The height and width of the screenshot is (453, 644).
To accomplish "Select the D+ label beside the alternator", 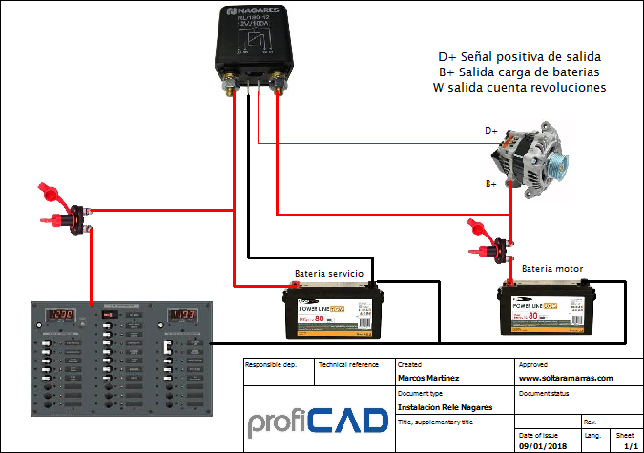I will (x=491, y=130).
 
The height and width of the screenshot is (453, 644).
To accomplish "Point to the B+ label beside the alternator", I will (x=491, y=182).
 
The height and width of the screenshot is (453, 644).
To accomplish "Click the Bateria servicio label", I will (x=329, y=273).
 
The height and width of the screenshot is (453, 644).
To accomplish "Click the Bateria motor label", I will (x=552, y=268).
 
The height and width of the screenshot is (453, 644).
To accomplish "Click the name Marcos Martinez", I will (x=427, y=378).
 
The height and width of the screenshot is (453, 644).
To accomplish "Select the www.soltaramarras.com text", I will (x=565, y=378).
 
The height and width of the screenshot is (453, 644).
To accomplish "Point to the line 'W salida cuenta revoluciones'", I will (x=519, y=88).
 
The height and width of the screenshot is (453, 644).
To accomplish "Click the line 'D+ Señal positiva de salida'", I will (x=519, y=56).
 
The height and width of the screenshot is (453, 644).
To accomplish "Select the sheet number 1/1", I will (x=630, y=445).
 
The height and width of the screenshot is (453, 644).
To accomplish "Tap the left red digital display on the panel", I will (x=64, y=315).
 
